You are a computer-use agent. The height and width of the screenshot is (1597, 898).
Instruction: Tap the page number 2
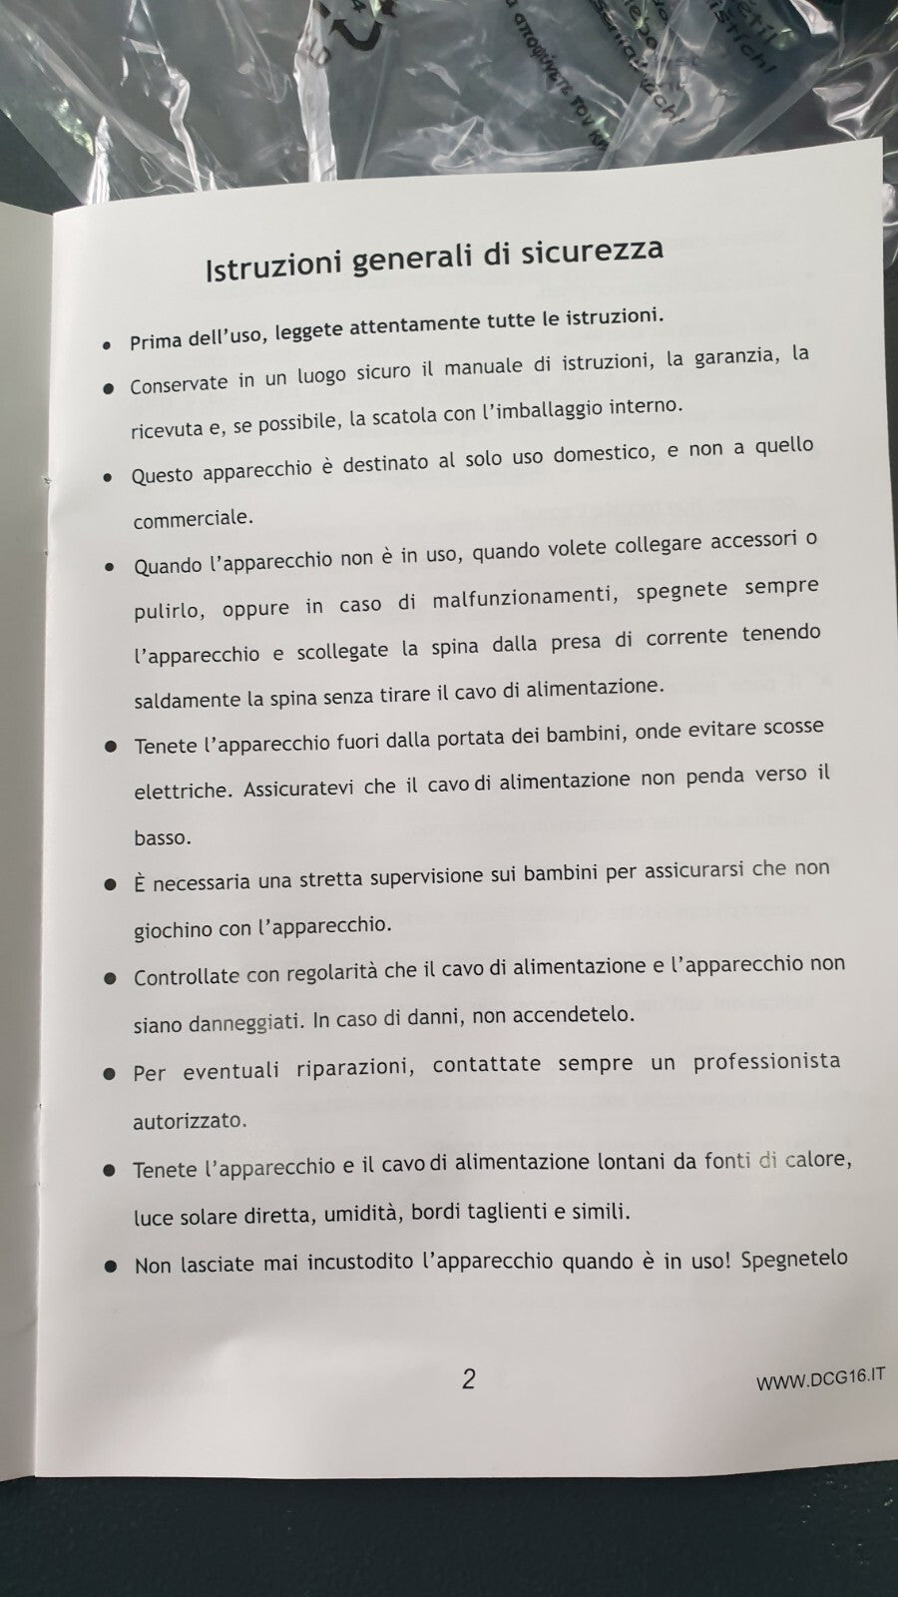[469, 1378]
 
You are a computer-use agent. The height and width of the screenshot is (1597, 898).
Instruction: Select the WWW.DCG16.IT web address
[820, 1378]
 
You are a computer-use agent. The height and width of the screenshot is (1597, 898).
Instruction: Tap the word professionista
[766, 1061]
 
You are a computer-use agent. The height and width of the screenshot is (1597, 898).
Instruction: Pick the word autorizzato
[190, 1120]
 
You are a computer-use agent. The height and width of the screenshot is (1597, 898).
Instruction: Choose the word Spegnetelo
[794, 1258]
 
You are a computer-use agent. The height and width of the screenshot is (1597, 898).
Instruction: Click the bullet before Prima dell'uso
[107, 344]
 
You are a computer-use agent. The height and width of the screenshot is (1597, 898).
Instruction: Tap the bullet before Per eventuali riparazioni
[111, 1074]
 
